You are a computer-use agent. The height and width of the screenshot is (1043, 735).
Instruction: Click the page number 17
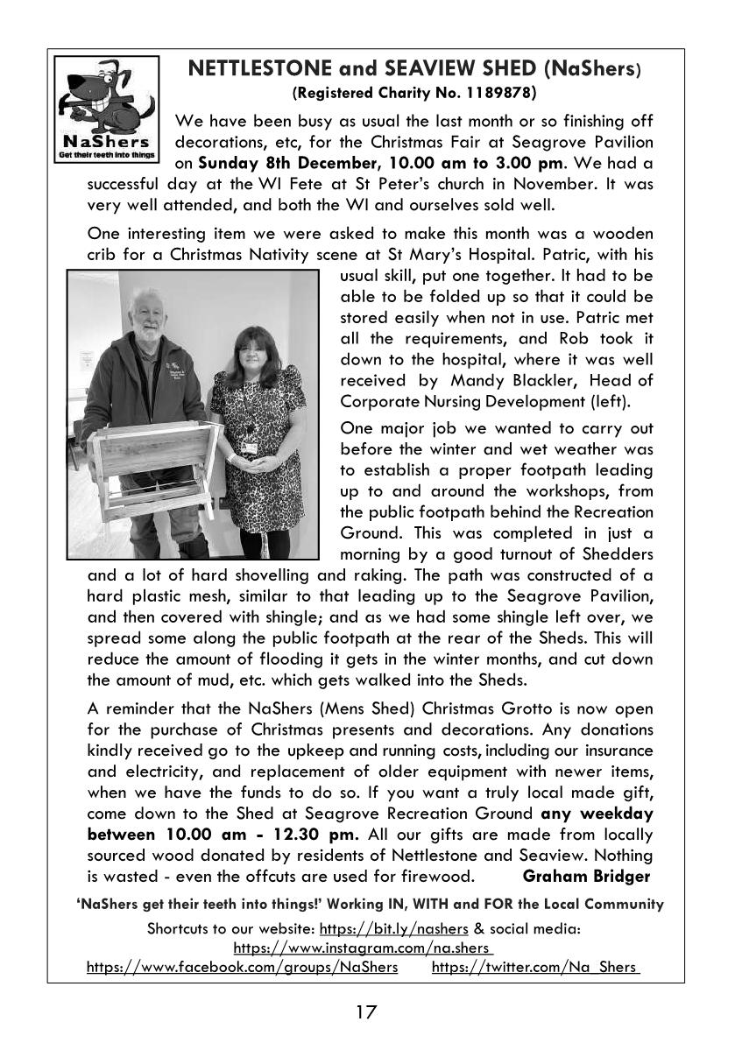366,1012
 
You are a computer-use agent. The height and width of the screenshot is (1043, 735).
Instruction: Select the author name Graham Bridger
586,876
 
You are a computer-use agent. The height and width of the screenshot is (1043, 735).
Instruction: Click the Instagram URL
363,947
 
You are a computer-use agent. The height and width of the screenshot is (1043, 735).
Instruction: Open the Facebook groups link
242,967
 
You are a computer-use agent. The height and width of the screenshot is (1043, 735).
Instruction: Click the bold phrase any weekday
597,813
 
